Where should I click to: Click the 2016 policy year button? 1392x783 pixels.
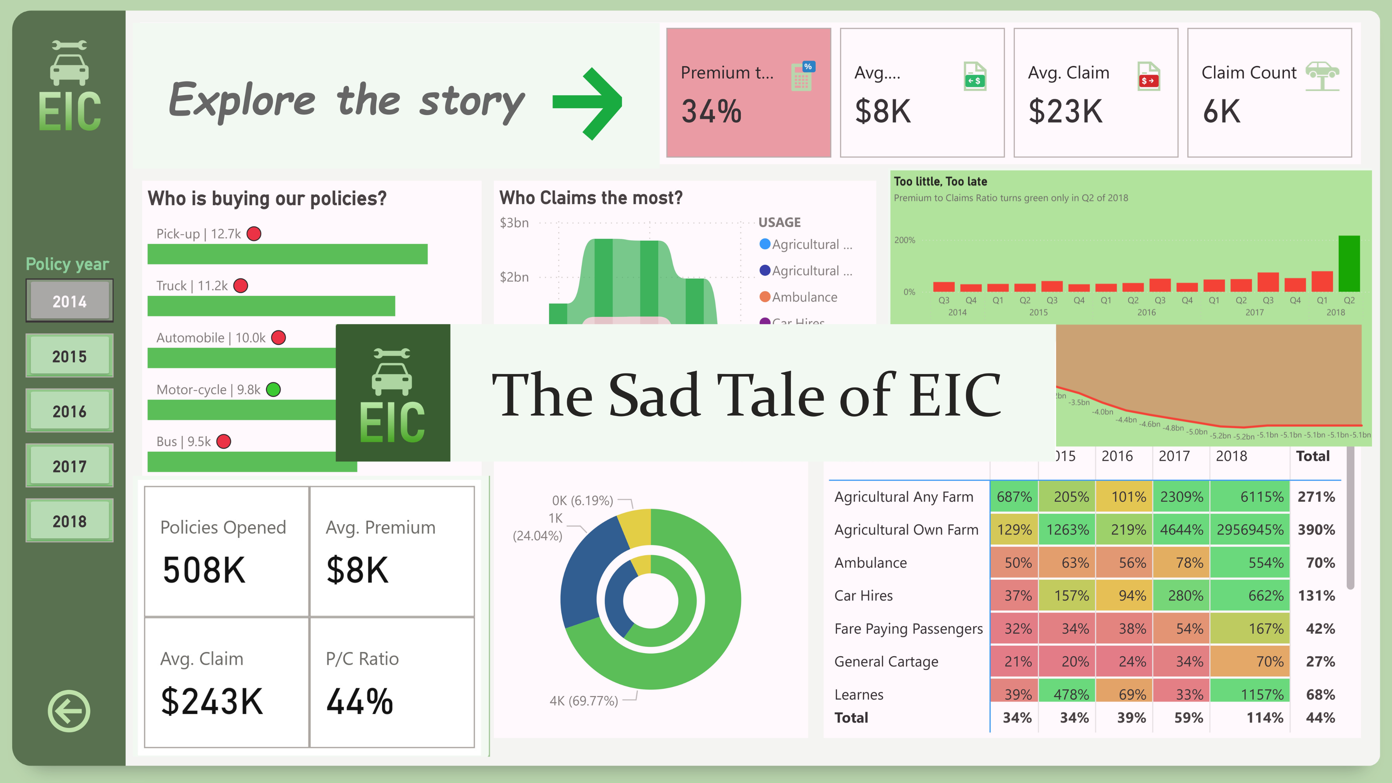[x=69, y=411]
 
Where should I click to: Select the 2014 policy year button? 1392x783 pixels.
[x=69, y=301]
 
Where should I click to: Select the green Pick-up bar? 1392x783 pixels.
[x=287, y=254]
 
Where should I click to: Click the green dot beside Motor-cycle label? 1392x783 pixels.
[x=273, y=390]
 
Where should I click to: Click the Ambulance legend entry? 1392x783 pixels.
[x=804, y=297]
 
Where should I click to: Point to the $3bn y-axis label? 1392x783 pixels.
[x=514, y=223]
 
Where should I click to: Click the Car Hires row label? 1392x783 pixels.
[x=863, y=596]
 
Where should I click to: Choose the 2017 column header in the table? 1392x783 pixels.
[x=1174, y=456]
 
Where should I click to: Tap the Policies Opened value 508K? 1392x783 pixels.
[x=204, y=570]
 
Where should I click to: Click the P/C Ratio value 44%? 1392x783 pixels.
[x=359, y=701]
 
